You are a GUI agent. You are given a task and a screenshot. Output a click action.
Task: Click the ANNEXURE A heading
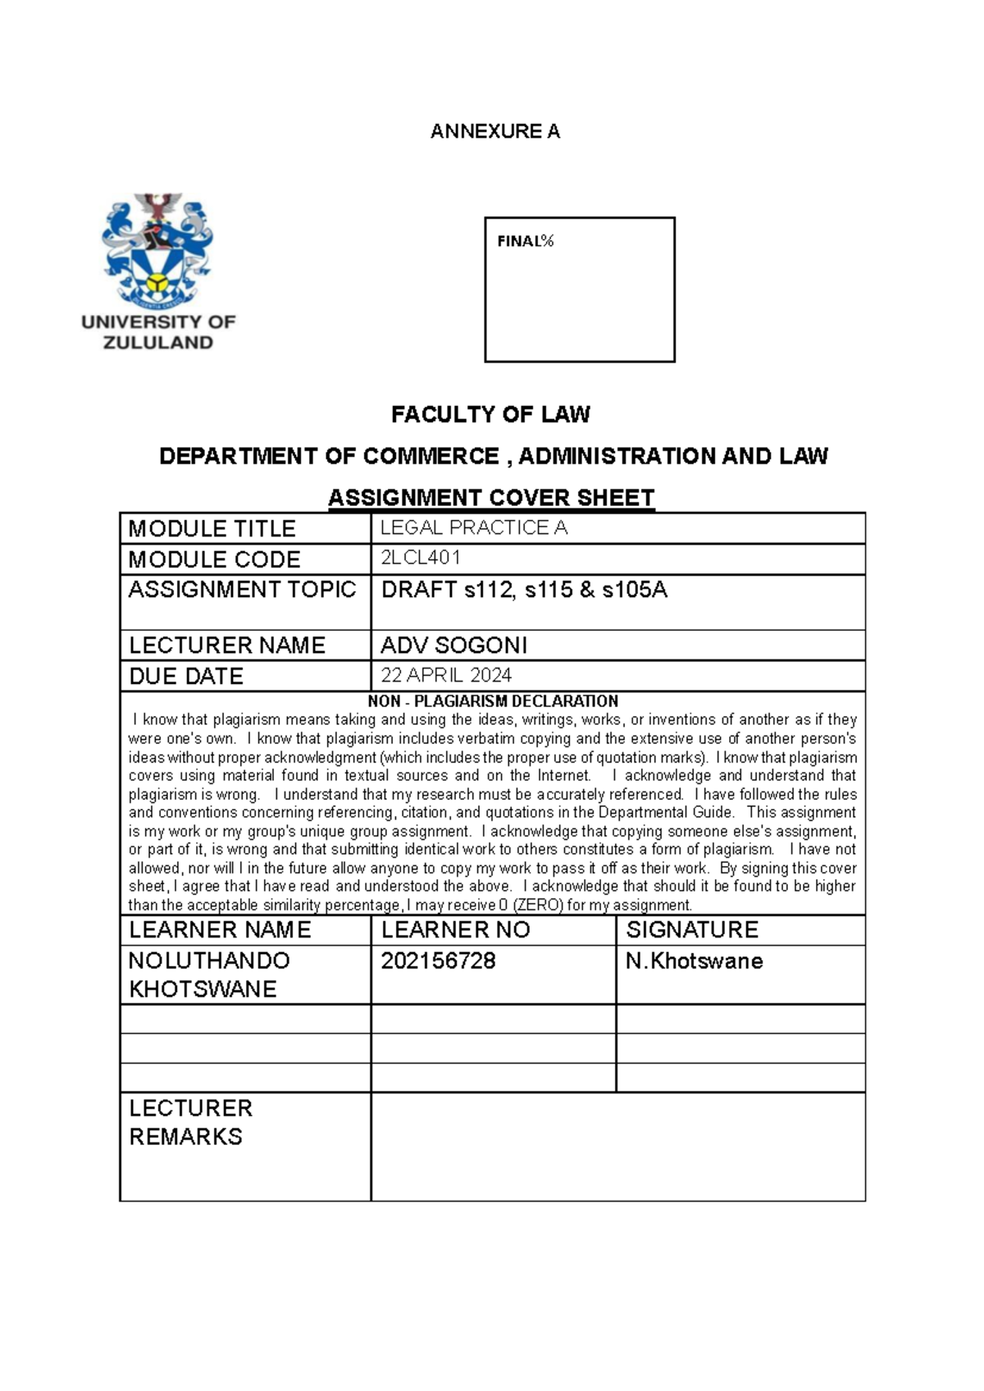pos(495,131)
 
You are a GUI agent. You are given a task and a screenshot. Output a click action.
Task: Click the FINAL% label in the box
pos(526,241)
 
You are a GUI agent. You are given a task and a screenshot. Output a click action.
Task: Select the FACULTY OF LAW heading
pos(490,415)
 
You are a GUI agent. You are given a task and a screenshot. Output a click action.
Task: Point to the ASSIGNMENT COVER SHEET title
pos(490,498)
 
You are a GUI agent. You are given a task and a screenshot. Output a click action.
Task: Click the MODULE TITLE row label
pos(212,529)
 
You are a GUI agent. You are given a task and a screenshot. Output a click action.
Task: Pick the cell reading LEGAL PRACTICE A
pos(474,528)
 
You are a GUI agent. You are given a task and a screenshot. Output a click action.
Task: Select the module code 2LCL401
pos(421,559)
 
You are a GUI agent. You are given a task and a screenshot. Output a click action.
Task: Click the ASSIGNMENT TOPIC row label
pos(242,590)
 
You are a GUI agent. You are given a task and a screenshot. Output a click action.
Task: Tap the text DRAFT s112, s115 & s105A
pos(524,590)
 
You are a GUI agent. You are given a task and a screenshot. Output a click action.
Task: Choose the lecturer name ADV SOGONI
pos(453,645)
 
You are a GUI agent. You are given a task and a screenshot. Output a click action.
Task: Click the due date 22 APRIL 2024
pos(446,676)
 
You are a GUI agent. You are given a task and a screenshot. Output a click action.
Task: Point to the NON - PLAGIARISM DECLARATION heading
pos(493,701)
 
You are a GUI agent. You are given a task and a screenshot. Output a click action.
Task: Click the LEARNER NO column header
pos(455,930)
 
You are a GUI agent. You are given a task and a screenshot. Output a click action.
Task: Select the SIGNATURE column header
pos(692,930)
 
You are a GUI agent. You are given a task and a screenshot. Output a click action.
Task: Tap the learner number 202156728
pos(438,961)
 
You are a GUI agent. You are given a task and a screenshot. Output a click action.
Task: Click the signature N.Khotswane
pos(694,961)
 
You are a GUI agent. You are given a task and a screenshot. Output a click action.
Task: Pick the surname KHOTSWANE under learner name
pos(203,989)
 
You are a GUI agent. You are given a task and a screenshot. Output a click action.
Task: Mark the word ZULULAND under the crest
pos(157,343)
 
